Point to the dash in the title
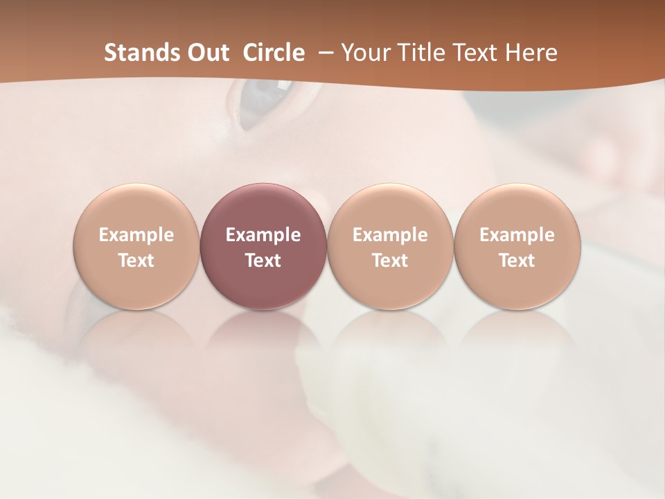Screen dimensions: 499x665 [x=323, y=53]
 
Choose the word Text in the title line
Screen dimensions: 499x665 [x=472, y=53]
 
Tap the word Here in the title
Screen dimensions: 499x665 [x=531, y=53]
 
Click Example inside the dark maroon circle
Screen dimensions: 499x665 [x=263, y=235]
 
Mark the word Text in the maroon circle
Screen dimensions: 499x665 [x=263, y=261]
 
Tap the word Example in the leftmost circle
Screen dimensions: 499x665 [x=136, y=235]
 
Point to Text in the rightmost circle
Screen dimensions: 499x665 [x=517, y=261]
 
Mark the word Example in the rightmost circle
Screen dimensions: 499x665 [x=517, y=235]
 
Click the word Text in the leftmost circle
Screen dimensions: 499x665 [x=136, y=261]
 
